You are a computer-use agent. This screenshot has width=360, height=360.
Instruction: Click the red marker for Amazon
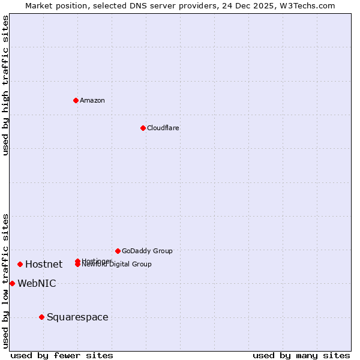[x=76, y=100]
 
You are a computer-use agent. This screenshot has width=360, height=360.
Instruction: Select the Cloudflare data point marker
[x=143, y=128]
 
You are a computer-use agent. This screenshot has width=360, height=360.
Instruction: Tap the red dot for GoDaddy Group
[x=118, y=251]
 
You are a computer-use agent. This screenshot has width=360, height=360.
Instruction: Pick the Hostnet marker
[x=20, y=264]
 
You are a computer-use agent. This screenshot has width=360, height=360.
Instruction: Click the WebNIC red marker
[x=12, y=283]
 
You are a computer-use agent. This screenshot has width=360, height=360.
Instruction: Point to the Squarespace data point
[x=41, y=317]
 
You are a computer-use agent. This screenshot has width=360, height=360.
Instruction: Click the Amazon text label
[x=92, y=100]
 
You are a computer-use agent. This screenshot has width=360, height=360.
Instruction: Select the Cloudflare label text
[x=163, y=128]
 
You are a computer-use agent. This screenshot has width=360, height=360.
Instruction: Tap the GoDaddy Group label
[x=147, y=251]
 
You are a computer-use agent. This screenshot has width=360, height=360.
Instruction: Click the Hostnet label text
[x=44, y=264]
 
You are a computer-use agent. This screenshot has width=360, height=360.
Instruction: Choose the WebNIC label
[x=37, y=283]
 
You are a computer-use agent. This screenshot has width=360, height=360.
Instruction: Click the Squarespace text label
[x=77, y=317]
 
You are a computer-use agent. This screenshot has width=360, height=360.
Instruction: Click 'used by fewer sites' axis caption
[x=62, y=355]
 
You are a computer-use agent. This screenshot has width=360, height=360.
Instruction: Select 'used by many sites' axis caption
[x=301, y=355]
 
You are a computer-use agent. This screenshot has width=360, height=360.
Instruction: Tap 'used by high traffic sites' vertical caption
[x=5, y=85]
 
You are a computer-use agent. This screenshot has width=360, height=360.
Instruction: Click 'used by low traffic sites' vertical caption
[x=5, y=280]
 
